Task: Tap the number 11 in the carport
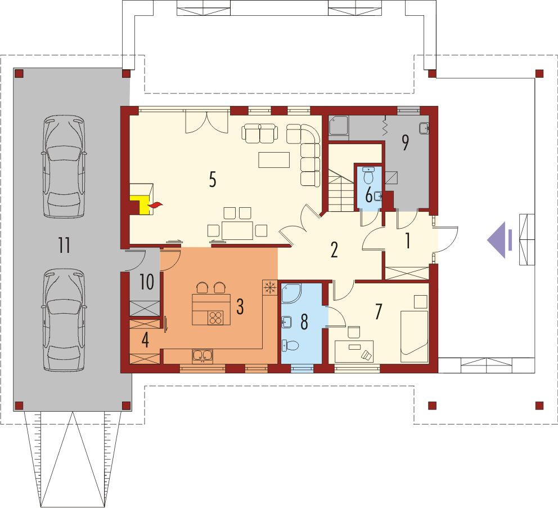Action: pos(65,245)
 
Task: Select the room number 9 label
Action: pos(405,143)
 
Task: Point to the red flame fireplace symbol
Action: pos(155,205)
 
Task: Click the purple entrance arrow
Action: pos(499,240)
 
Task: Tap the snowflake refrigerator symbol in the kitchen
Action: pos(270,287)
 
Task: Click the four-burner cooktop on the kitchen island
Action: pos(215,318)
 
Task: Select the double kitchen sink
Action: pos(202,356)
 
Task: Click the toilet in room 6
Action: pos(368,175)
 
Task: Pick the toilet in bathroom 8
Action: pos(291,346)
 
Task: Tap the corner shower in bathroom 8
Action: pos(291,293)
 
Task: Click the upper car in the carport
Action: pos(64,166)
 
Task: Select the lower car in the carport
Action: pos(64,319)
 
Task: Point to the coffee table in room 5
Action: pos(274,159)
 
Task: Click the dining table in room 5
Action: pos(237,230)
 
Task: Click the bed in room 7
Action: pos(414,336)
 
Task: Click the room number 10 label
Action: pos(146,282)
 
